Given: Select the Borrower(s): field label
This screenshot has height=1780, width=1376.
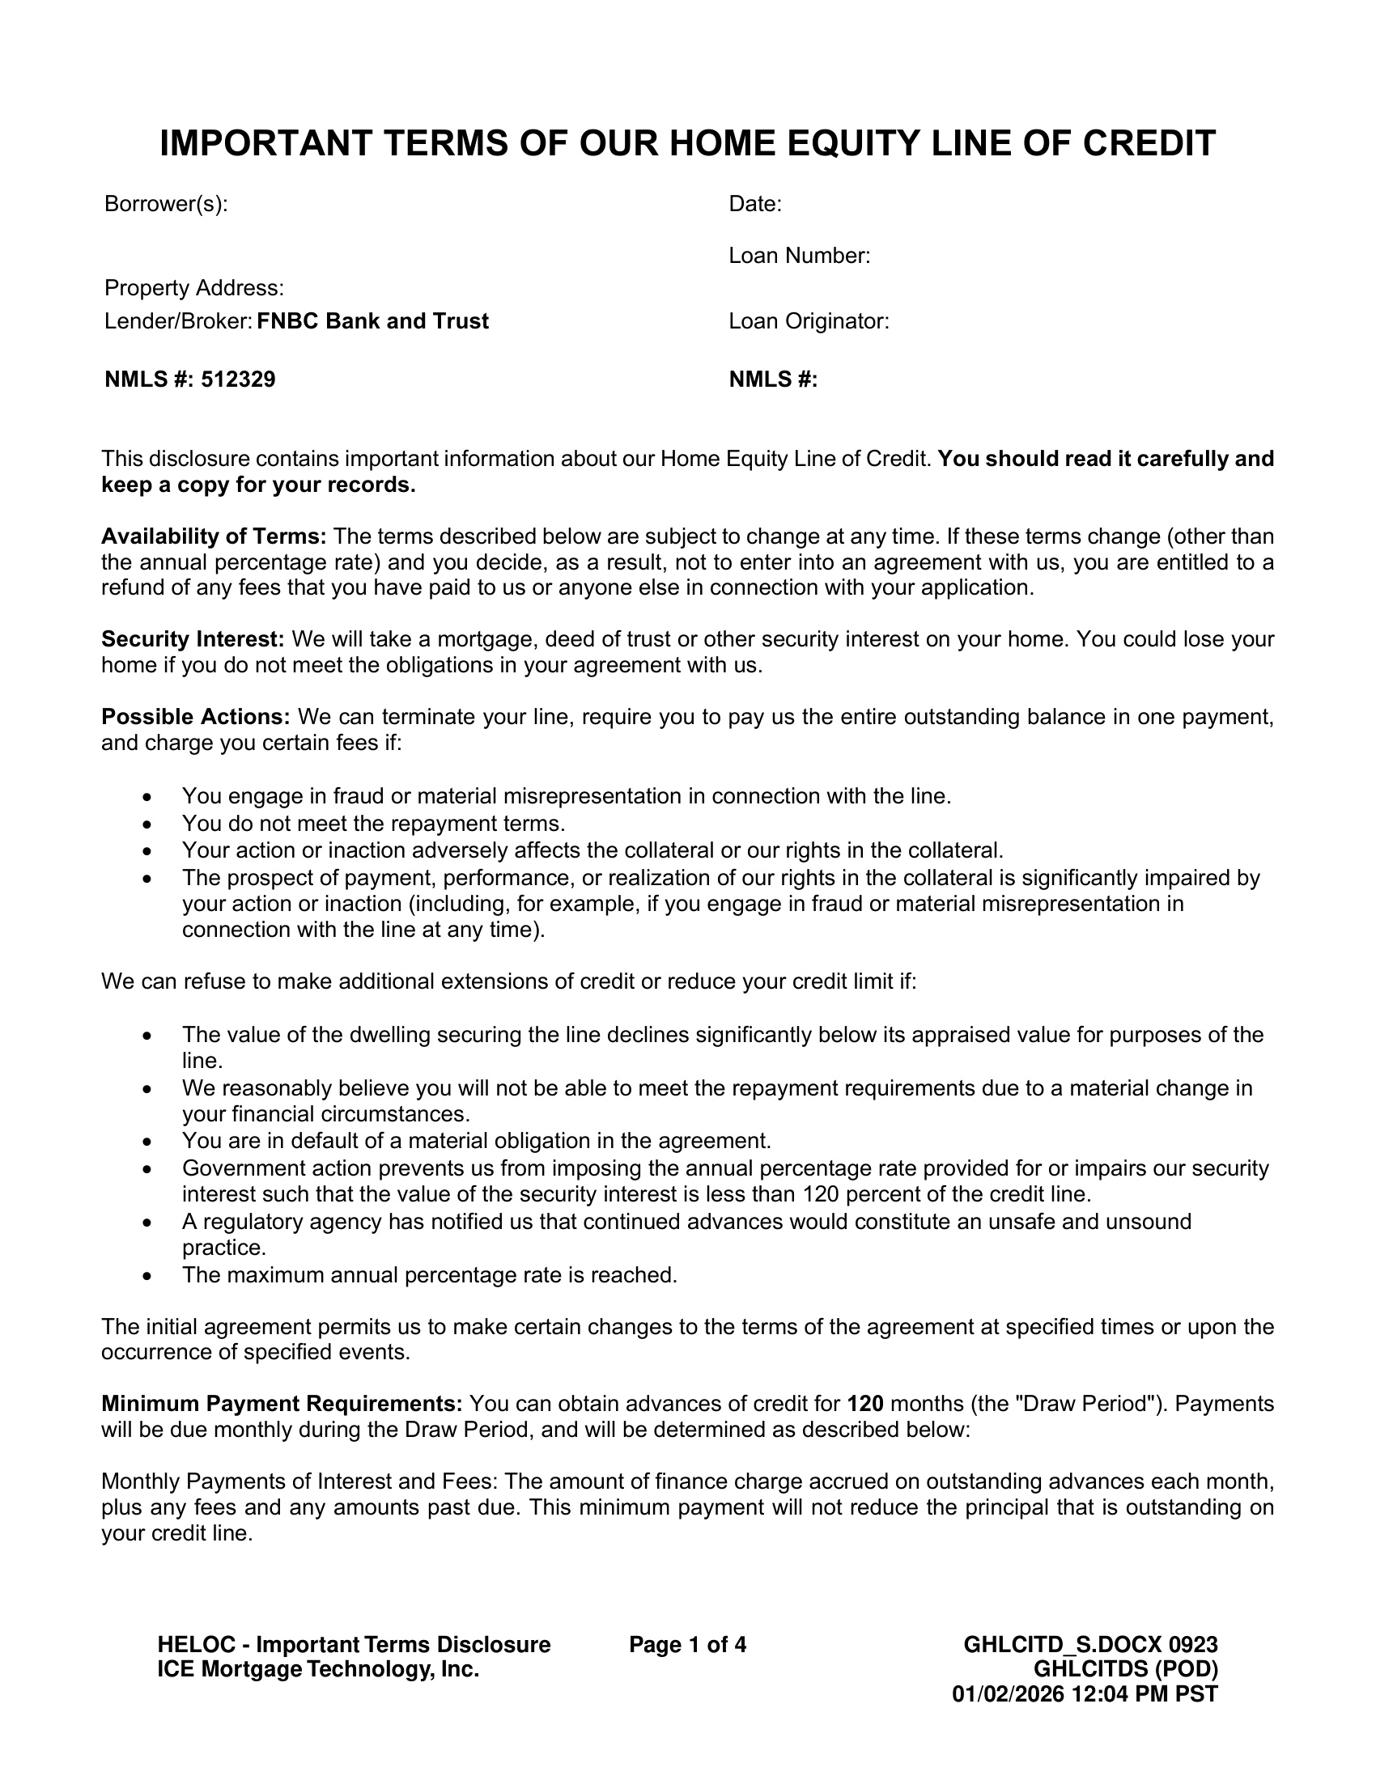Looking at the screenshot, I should click(x=165, y=204).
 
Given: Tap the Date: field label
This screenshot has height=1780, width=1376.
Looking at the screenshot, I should click(x=755, y=204).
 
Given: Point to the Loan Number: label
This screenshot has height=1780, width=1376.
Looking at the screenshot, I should click(x=799, y=256).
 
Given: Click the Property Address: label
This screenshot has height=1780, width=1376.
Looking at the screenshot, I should click(x=194, y=288).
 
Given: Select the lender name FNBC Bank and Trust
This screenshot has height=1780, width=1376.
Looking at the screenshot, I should click(x=372, y=321).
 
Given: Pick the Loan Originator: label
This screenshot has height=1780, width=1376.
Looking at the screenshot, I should click(x=808, y=321).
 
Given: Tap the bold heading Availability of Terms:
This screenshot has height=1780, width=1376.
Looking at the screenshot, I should click(x=214, y=536).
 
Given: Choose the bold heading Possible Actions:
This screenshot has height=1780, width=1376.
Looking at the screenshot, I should click(x=196, y=716).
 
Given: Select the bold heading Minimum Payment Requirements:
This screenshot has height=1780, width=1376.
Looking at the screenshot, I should click(x=282, y=1404).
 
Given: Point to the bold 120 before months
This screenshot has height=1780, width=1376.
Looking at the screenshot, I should click(x=865, y=1404).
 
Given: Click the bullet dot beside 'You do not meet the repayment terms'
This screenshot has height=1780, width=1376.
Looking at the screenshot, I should click(x=147, y=824).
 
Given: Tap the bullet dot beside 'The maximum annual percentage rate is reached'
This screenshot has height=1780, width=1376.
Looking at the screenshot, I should click(x=147, y=1275).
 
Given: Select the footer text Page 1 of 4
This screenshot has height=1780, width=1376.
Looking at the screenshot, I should click(x=687, y=1645).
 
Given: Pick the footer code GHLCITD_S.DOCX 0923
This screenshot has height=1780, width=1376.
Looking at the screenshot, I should click(x=1090, y=1645).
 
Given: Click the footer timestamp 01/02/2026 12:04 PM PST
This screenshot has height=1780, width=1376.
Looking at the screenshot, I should click(x=1084, y=1693).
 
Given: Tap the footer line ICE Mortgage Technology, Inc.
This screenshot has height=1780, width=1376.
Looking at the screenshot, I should click(x=318, y=1669).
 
